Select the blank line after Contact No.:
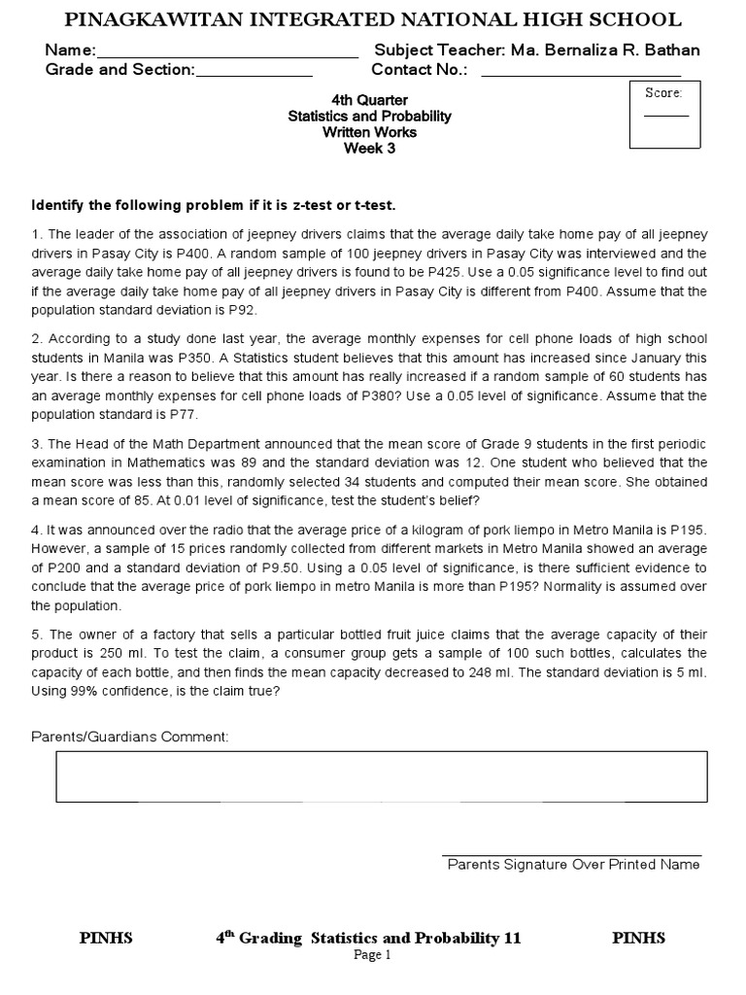click(x=581, y=74)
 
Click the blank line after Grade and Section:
click(x=254, y=74)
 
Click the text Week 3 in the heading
click(x=369, y=149)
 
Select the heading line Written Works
click(x=369, y=132)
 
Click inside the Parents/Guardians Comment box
click(x=381, y=776)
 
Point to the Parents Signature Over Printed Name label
click(x=573, y=865)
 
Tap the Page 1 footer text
click(x=372, y=955)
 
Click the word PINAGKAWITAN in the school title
click(x=157, y=20)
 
